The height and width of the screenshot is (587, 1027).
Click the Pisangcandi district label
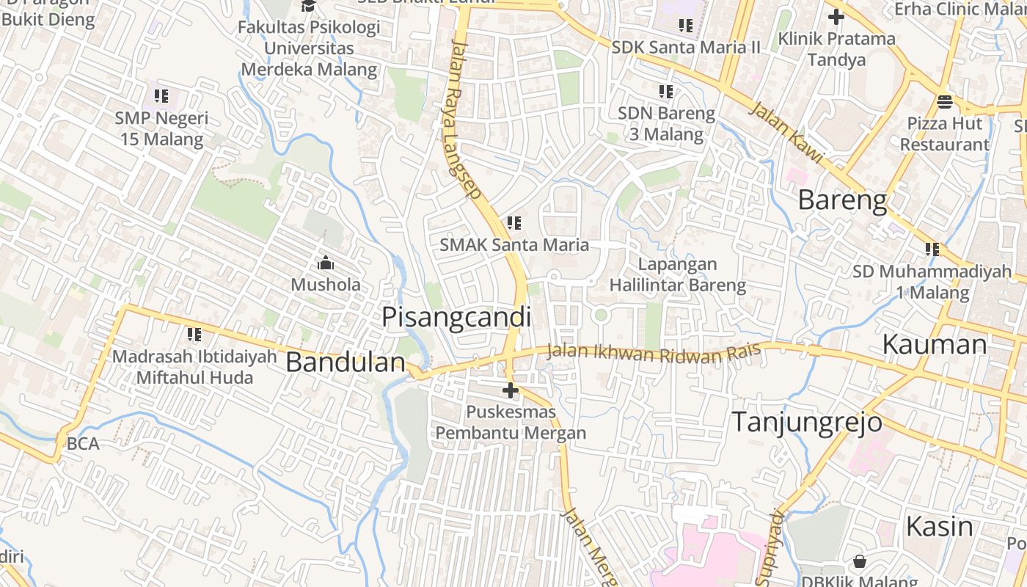point(456,317)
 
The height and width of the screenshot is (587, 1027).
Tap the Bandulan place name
point(345,362)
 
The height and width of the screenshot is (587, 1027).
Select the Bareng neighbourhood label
point(842,200)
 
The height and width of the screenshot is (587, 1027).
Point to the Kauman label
point(934,344)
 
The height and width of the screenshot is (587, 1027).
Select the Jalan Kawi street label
point(786,133)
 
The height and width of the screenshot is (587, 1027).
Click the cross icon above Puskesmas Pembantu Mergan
point(511,390)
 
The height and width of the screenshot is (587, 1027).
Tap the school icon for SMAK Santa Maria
point(514,222)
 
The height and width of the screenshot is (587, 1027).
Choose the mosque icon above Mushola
point(325,262)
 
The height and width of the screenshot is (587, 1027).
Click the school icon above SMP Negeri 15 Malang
point(161,95)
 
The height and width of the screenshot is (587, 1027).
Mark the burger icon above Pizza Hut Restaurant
point(944,101)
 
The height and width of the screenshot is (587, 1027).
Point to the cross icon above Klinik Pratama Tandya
point(836,16)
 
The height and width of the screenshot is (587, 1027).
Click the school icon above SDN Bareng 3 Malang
point(666,92)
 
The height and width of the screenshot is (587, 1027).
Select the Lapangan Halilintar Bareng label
point(678,274)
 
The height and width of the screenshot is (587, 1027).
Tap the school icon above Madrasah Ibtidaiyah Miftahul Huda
point(194,335)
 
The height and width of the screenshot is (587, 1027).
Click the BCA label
point(82,443)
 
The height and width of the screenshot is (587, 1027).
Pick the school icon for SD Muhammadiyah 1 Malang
point(932,249)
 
